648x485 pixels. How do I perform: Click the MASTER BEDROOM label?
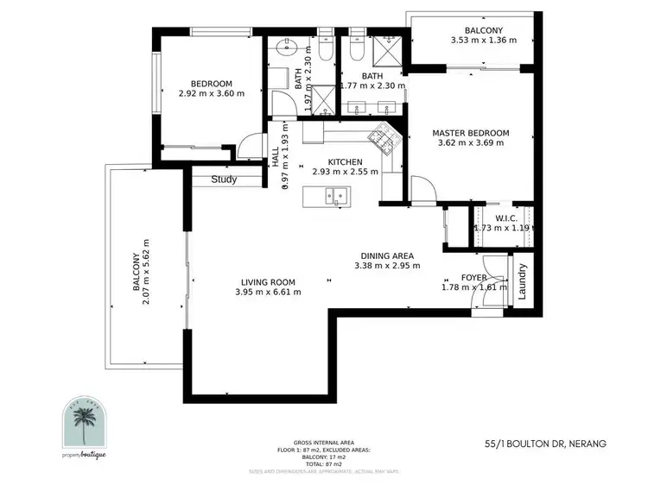471,133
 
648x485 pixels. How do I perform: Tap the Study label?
224,180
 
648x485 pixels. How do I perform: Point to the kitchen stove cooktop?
381,138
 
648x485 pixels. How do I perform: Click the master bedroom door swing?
419,187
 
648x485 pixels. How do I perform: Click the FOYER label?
473,278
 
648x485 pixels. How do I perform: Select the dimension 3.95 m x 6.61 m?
268,293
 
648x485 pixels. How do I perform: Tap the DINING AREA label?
387,255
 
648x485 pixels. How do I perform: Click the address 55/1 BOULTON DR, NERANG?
545,444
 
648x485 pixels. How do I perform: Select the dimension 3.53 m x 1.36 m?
483,40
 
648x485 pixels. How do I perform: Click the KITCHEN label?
344,161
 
